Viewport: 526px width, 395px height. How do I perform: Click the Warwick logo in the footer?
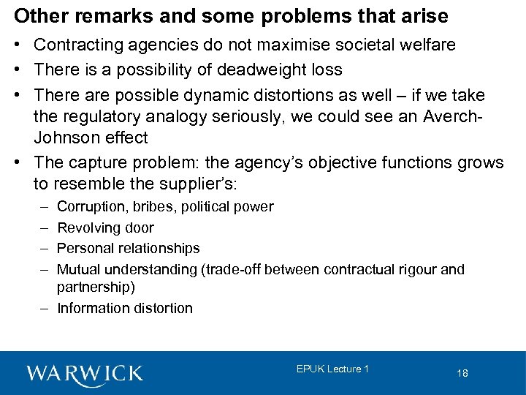[85, 373]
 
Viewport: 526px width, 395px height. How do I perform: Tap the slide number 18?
[462, 373]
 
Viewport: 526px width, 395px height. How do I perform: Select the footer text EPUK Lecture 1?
[332, 369]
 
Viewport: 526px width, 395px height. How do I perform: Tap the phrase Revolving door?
[105, 227]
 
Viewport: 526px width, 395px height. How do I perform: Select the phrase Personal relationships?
[128, 249]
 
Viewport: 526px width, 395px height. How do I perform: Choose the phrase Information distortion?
[124, 308]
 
